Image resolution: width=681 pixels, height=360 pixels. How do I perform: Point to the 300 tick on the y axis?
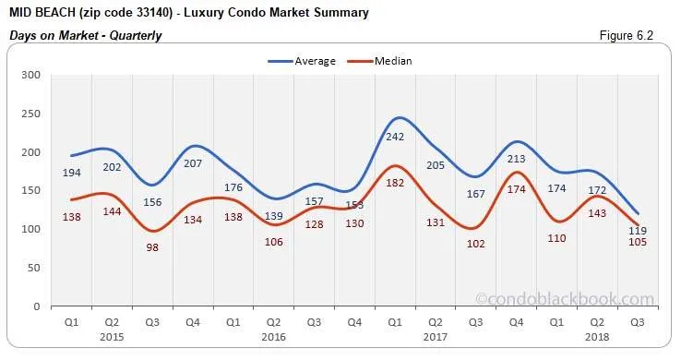tap(30, 76)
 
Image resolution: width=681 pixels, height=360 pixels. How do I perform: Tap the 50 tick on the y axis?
tap(33, 268)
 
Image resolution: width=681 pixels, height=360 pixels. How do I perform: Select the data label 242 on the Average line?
tap(394, 137)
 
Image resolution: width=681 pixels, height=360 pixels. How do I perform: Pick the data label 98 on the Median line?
tap(152, 247)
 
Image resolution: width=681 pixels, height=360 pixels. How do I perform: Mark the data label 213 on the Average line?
tap(515, 159)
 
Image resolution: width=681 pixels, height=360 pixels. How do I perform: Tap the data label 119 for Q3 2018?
tap(638, 231)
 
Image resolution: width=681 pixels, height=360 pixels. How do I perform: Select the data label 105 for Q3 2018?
tap(638, 242)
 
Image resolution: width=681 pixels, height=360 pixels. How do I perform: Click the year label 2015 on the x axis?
tap(112, 338)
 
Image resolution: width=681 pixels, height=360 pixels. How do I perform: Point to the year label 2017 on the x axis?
tap(434, 338)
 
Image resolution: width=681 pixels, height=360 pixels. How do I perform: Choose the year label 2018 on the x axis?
tap(595, 338)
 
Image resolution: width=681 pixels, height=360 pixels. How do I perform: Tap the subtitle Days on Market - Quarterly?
tap(86, 36)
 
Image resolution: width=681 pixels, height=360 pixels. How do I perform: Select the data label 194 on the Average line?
tap(73, 173)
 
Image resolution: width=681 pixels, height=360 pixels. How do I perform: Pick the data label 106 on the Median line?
tap(273, 242)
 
